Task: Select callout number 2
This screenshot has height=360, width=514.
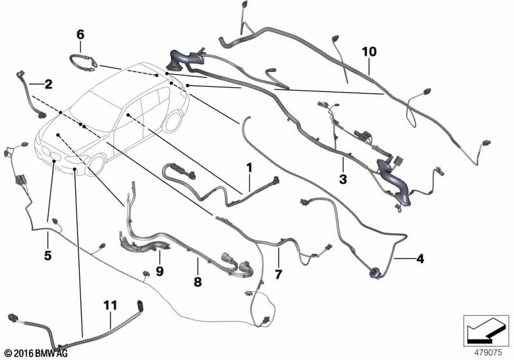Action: [x=48, y=84]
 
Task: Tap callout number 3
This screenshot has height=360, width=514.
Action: [x=343, y=179]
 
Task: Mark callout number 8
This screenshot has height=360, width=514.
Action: [x=198, y=282]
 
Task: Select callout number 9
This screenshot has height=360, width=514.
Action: [x=160, y=271]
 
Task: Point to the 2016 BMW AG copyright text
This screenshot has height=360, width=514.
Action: [x=35, y=354]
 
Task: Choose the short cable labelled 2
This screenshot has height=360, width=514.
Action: [x=32, y=96]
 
